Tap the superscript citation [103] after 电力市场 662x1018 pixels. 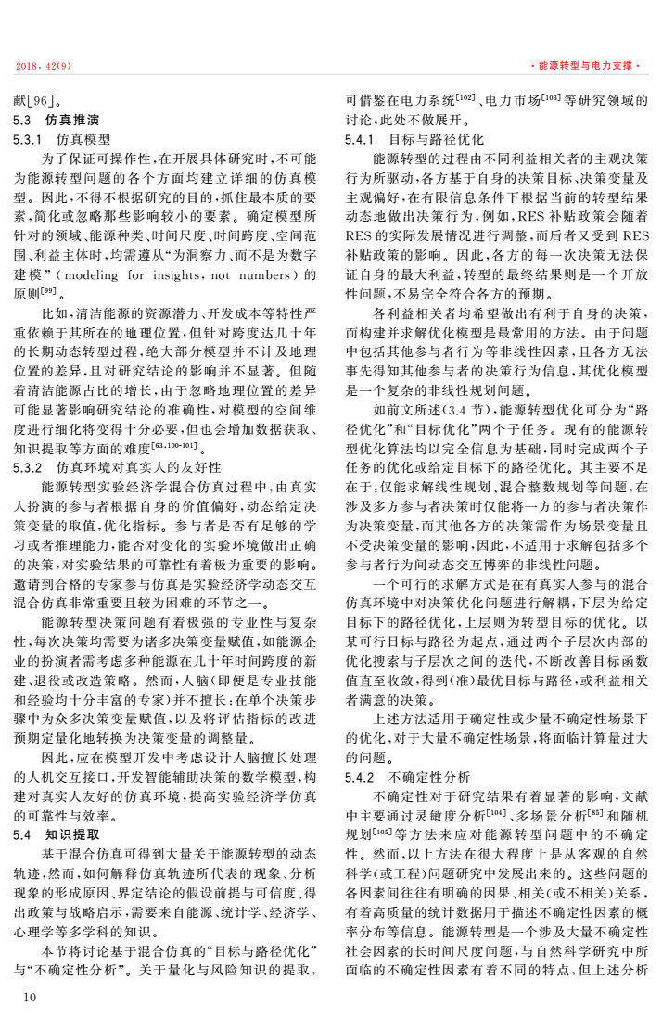coord(554,96)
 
